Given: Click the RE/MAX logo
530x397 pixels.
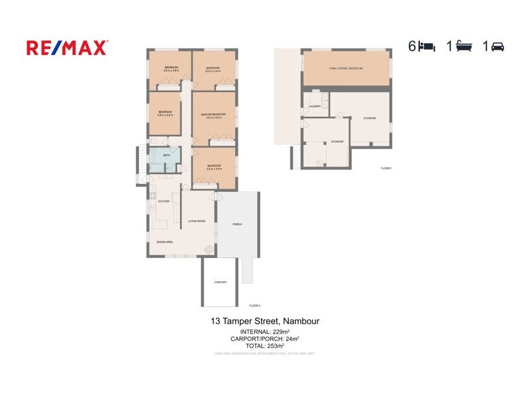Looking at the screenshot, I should [67, 47].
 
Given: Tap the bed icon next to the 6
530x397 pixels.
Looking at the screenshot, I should [427, 46].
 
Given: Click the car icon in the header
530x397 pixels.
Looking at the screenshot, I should [498, 46].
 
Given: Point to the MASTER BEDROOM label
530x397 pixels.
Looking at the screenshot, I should [213, 114].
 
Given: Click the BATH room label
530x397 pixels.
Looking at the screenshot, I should [168, 156].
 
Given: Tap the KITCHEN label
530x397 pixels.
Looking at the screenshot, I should [164, 200].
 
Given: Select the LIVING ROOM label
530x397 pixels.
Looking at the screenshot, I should [197, 221].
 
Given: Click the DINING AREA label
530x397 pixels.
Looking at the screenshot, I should [165, 242].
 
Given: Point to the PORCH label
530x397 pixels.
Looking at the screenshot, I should [237, 224].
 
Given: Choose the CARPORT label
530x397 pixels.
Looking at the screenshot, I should [220, 282].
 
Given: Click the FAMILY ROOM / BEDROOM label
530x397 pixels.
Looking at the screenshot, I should [346, 68].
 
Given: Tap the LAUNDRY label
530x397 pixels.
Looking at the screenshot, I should [315, 106].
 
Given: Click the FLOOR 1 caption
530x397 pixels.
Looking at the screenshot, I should [386, 168].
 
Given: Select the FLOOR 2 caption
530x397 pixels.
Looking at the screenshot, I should [255, 305].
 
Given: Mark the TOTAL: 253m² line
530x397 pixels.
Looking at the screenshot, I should [264, 345].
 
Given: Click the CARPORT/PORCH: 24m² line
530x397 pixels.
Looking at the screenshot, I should [264, 338].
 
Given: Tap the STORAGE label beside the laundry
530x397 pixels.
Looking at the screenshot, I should [370, 118].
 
